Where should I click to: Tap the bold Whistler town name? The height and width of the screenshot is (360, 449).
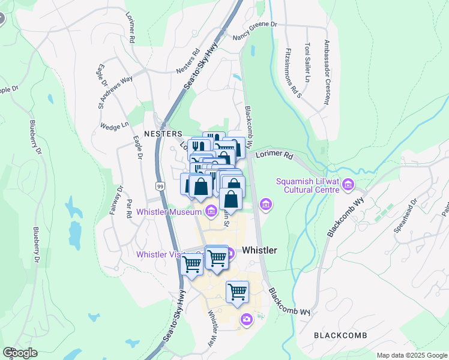[259, 250]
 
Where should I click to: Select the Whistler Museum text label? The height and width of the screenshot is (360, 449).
[169, 211]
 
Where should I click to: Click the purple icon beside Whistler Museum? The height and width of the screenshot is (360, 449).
[211, 211]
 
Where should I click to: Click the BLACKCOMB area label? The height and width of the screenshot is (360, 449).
[339, 335]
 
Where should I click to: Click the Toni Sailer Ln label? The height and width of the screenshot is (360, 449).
[308, 62]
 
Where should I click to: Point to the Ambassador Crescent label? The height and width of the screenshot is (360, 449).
[327, 72]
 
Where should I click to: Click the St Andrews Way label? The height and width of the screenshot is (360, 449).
[116, 91]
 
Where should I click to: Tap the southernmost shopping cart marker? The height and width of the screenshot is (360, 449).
[237, 292]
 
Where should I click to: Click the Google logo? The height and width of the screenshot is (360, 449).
[20, 353]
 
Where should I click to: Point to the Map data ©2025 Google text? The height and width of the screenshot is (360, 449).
[411, 355]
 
